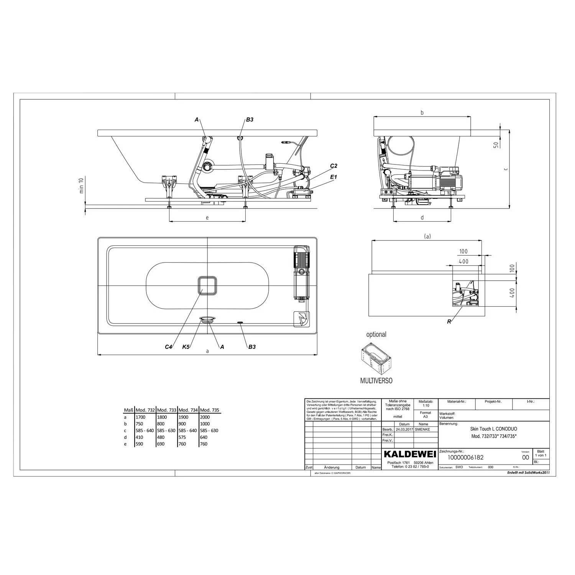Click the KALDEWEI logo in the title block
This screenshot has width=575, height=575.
click(x=410, y=454)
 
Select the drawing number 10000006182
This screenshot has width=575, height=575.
click(x=465, y=457)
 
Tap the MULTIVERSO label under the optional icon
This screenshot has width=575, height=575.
click(x=376, y=381)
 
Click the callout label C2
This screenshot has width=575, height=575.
click(x=333, y=166)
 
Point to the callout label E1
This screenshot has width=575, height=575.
click(x=333, y=177)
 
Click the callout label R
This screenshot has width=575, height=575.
click(x=449, y=322)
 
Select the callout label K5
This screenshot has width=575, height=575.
click(x=186, y=347)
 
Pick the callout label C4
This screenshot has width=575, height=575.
click(x=169, y=347)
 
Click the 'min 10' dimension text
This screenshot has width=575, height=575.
click(x=81, y=185)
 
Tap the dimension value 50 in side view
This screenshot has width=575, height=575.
click(x=496, y=145)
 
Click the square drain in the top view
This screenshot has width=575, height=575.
click(x=207, y=286)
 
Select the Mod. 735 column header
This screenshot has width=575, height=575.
click(x=210, y=410)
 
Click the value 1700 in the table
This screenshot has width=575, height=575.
click(x=140, y=417)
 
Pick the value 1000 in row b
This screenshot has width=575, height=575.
click(x=205, y=424)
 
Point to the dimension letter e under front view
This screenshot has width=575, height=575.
click(x=207, y=218)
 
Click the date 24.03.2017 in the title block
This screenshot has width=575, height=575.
click(x=404, y=430)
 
